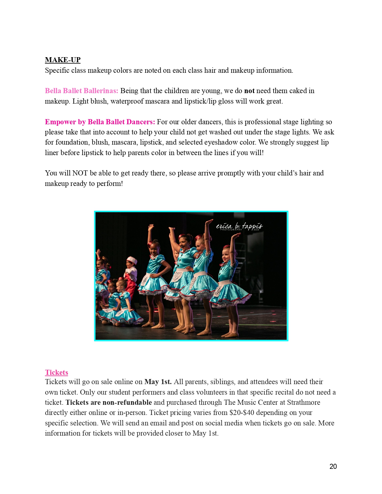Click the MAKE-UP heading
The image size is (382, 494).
click(x=63, y=60)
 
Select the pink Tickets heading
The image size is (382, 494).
click(x=57, y=372)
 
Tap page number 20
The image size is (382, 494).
click(x=333, y=466)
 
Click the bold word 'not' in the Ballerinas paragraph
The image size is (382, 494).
click(x=249, y=91)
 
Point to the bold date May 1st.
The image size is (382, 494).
click(x=158, y=382)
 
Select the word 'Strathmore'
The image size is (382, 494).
click(x=304, y=402)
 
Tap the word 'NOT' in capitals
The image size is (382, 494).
click(x=80, y=173)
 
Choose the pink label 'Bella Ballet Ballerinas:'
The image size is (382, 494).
click(x=81, y=91)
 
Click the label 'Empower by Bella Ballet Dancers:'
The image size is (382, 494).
click(x=100, y=122)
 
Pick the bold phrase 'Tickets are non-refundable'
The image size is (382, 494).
click(x=109, y=402)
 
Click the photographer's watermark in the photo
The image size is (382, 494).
click(x=239, y=226)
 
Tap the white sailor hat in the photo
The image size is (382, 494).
click(x=132, y=259)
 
